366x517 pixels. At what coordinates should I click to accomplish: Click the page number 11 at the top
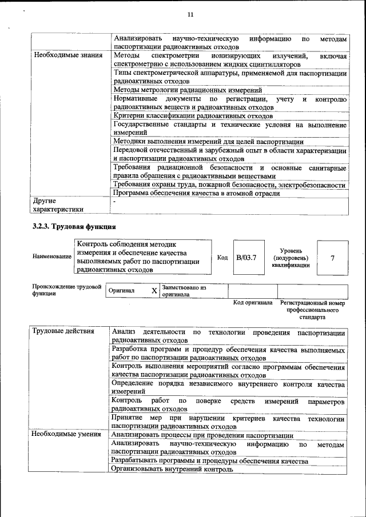[x=190, y=15]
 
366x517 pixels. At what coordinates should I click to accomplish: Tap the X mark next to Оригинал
[x=154, y=291]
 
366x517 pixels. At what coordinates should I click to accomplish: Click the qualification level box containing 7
[x=332, y=258]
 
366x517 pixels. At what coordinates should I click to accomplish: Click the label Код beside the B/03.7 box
[x=222, y=258]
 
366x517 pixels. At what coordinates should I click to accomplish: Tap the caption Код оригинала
[x=253, y=302]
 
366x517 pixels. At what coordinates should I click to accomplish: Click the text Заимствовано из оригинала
[x=184, y=291]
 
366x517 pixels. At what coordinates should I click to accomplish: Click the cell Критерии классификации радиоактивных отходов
[x=193, y=116]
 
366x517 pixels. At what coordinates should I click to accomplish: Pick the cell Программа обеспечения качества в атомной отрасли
[x=197, y=193]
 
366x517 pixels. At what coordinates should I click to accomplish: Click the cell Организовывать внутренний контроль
[x=172, y=469]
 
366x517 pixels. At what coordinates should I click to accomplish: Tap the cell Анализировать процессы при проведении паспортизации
[x=202, y=435]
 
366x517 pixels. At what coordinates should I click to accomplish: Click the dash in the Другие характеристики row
[x=114, y=202]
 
